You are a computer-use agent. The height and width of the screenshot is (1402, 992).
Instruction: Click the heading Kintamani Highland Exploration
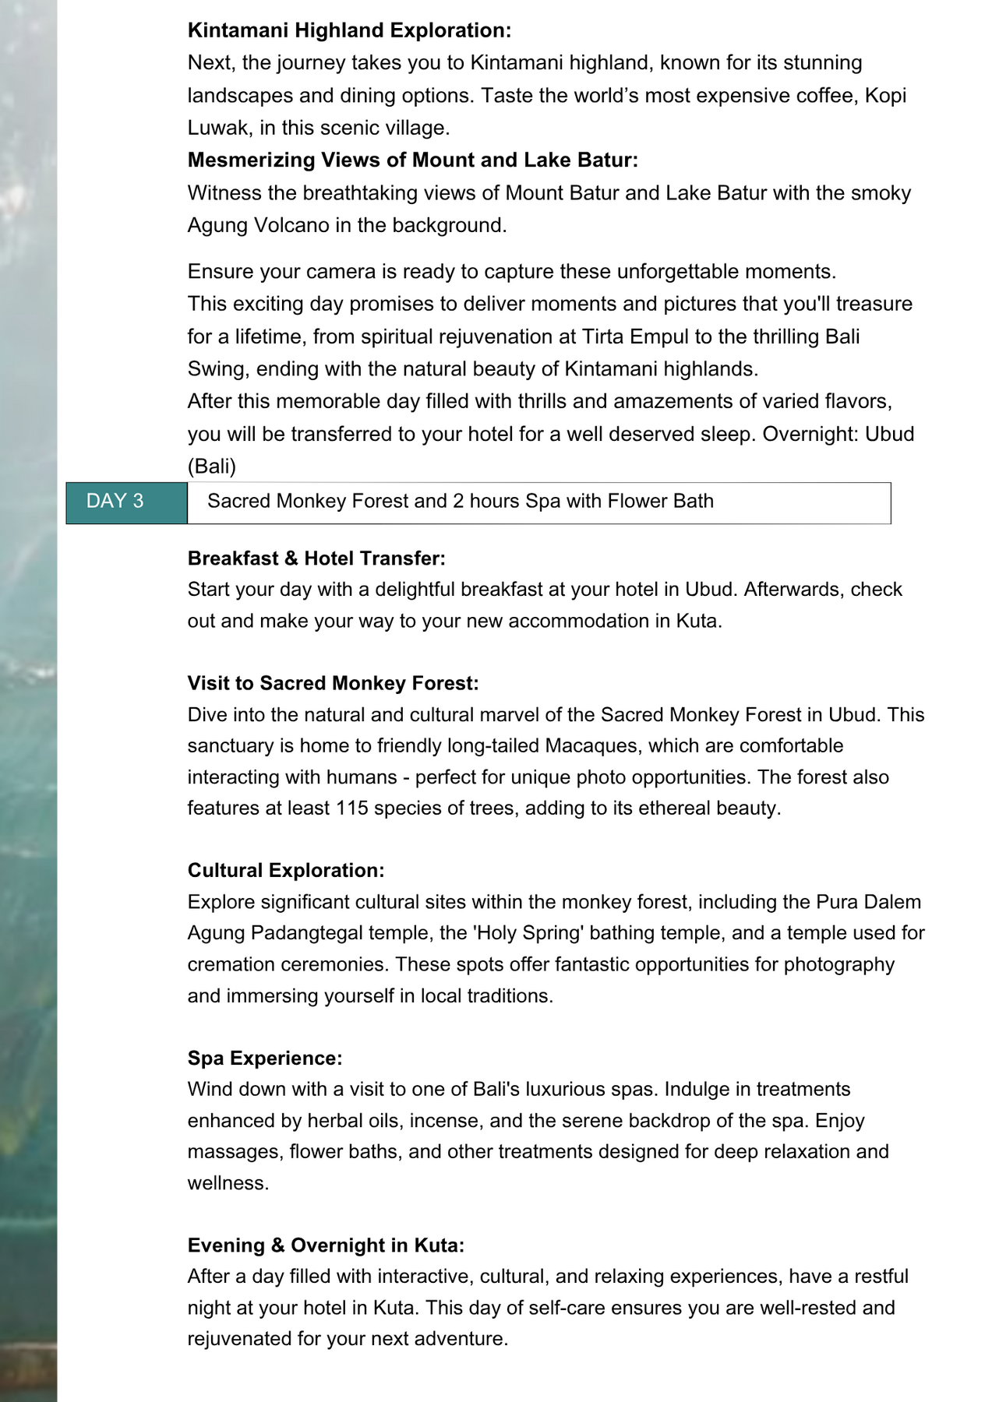coord(349,30)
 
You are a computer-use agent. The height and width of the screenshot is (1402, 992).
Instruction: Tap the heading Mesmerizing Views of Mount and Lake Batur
coord(412,160)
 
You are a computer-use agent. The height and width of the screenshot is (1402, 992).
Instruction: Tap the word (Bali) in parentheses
coord(211,466)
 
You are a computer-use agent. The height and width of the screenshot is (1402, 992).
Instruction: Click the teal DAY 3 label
coord(115,501)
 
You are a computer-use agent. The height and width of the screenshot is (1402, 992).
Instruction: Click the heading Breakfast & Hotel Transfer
coord(316,558)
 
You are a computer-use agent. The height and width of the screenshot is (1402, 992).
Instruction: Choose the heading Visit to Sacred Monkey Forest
coord(333,683)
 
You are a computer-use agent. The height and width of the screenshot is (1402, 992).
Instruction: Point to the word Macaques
coord(591,745)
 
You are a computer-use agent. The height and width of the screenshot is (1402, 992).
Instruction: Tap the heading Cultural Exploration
coord(286,870)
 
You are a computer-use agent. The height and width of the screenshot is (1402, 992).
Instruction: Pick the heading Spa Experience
coord(265,1058)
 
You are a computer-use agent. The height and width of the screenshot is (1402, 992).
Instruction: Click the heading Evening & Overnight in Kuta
coord(326,1245)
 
